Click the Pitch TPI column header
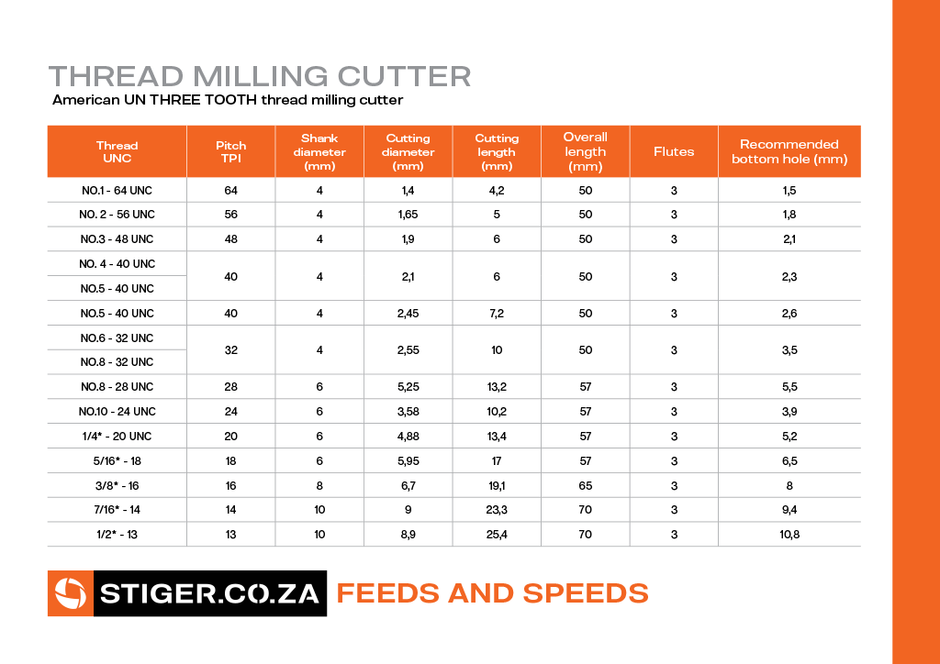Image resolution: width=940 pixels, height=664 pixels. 230,152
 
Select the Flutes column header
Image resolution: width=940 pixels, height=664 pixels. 674,152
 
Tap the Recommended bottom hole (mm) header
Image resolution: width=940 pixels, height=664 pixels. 789,151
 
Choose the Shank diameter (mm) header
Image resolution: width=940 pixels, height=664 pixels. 319,152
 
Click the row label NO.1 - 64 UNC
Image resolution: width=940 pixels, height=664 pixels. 117,191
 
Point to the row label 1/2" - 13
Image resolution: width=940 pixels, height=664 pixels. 117,534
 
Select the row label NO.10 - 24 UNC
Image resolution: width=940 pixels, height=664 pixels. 117,412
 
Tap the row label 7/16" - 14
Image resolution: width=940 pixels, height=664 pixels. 117,510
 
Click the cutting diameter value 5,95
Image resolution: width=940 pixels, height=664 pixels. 408,461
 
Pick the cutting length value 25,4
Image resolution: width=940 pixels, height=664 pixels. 497,534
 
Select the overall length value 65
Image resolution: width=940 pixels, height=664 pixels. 586,485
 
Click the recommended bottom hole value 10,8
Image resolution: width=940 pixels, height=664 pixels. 789,534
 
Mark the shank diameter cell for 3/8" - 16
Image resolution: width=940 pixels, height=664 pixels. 319,485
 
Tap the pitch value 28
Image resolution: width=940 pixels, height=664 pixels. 230,387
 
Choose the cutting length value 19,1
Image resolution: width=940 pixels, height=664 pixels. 497,485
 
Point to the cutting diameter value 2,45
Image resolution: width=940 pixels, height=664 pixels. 408,313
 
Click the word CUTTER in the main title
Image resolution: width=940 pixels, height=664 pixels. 405,77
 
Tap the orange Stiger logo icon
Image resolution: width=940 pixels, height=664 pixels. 71,593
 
